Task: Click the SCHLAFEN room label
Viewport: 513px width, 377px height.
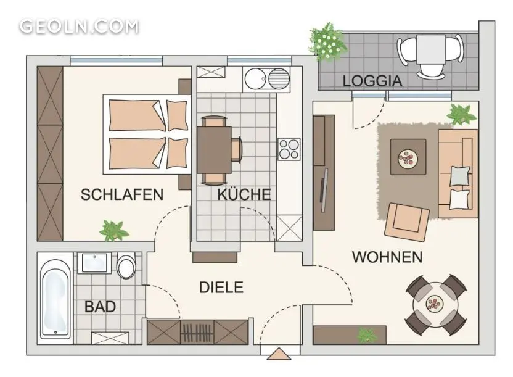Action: (x=122, y=195)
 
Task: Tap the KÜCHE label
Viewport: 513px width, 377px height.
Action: (x=244, y=194)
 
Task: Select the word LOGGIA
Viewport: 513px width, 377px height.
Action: (x=372, y=81)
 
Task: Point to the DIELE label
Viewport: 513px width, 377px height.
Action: (x=221, y=288)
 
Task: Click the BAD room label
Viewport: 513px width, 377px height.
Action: (x=100, y=307)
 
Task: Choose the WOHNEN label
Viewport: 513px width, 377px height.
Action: (x=387, y=257)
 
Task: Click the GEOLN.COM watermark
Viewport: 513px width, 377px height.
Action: (x=79, y=27)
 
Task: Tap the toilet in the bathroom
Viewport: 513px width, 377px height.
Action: (x=126, y=265)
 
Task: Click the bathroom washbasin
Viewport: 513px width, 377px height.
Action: (x=94, y=262)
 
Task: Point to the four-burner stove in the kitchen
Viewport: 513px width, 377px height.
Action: (x=289, y=149)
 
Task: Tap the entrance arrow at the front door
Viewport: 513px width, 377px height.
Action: (x=279, y=354)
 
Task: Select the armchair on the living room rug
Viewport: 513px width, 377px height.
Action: (x=407, y=222)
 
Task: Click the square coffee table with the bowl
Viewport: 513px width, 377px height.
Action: (x=408, y=157)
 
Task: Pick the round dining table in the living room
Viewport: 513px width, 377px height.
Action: (x=435, y=304)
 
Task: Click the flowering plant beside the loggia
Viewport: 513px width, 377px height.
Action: (x=327, y=43)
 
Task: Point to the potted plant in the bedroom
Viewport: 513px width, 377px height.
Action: (x=114, y=230)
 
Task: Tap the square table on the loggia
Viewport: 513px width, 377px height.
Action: (x=431, y=49)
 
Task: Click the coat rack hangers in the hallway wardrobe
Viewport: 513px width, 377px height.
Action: (x=197, y=333)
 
